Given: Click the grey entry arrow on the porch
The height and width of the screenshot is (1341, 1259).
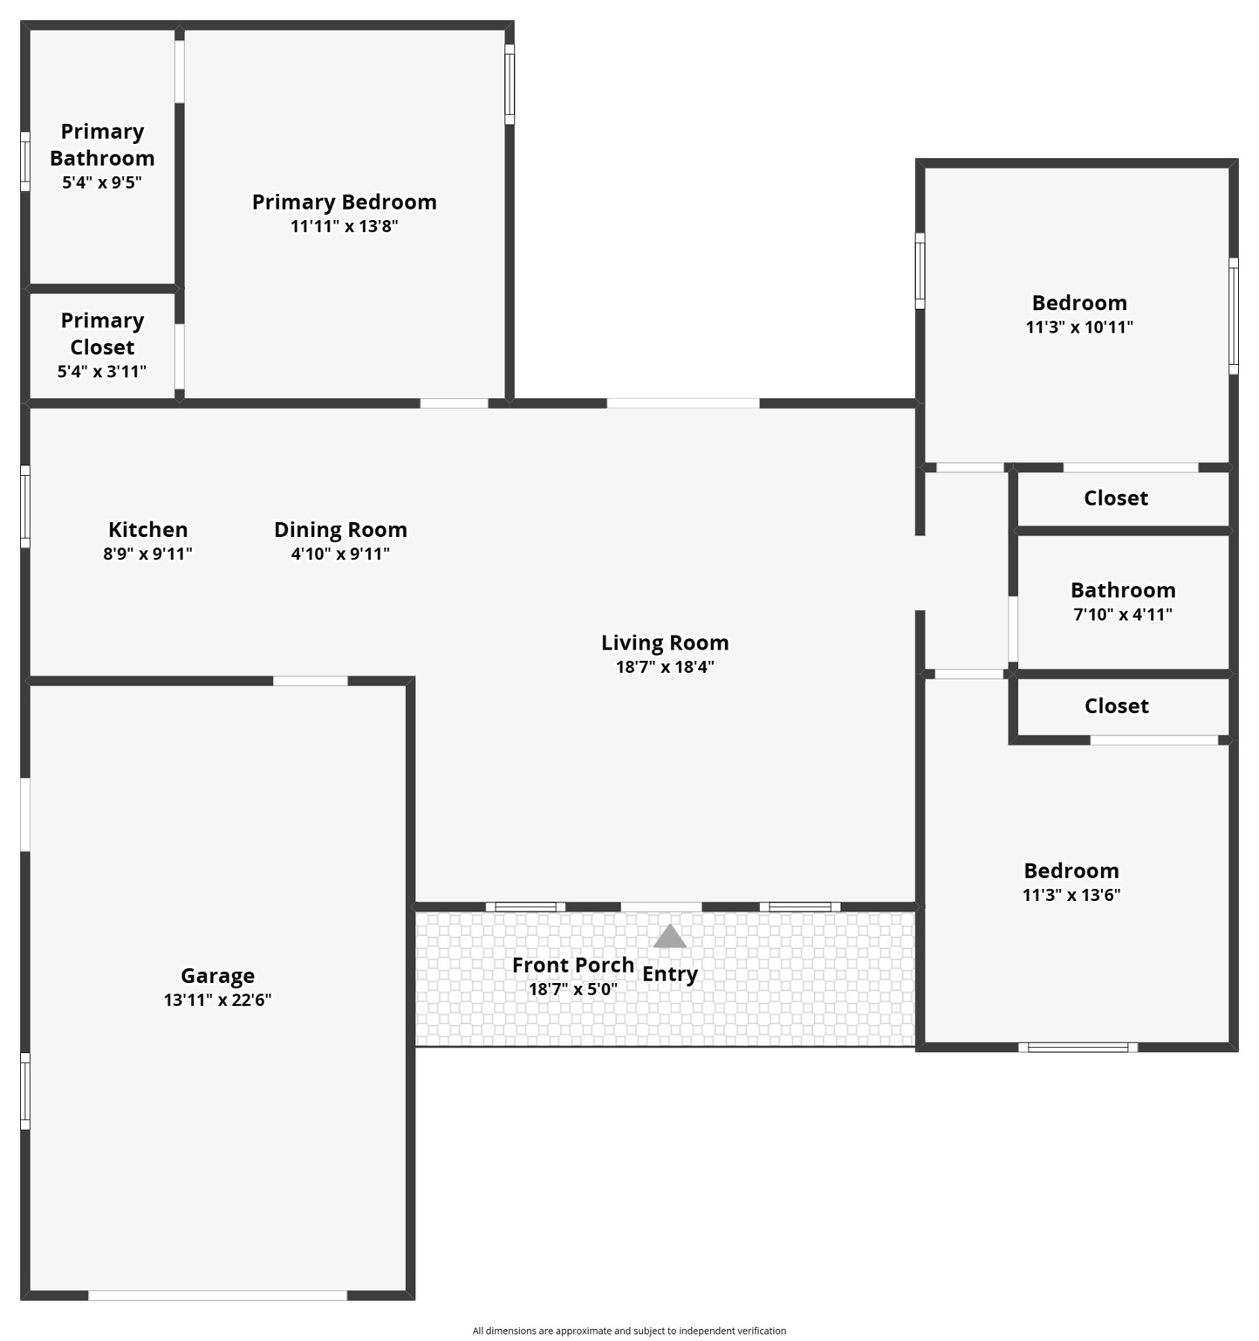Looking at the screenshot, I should (x=669, y=937).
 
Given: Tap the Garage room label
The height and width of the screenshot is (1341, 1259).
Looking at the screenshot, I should (x=217, y=975).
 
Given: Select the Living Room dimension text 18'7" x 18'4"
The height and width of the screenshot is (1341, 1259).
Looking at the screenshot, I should (x=665, y=667).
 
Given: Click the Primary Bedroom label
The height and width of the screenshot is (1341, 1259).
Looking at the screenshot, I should (x=344, y=202).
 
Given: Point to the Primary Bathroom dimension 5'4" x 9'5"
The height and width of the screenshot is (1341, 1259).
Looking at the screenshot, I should (x=101, y=182).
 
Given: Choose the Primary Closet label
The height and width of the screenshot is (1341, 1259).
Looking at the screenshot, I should (x=102, y=334).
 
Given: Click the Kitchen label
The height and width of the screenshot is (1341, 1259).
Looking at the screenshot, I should (x=147, y=529).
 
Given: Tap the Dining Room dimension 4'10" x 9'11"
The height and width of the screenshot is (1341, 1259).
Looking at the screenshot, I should (x=340, y=554).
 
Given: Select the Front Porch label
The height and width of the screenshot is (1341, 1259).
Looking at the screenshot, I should (x=572, y=965).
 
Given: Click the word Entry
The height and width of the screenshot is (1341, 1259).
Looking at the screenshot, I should (x=670, y=974).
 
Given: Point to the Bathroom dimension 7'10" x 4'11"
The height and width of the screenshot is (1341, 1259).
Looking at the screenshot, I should (x=1122, y=615).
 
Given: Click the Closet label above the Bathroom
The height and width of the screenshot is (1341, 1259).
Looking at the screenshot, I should (x=1115, y=498).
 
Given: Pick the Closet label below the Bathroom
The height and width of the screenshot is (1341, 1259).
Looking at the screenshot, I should (x=1116, y=705).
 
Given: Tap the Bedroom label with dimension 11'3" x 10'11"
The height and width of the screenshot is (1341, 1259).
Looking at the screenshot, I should (x=1079, y=303).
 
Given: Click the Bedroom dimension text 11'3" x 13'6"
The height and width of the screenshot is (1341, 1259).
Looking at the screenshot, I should (x=1071, y=895).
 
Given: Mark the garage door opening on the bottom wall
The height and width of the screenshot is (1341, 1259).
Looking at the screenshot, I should (x=217, y=1296).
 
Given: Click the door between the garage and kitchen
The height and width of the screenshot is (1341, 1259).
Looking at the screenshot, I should (x=310, y=681).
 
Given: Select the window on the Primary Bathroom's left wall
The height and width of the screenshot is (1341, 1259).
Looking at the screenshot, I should (x=25, y=162).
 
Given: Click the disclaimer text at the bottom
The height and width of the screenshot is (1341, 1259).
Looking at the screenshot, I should (x=629, y=1331).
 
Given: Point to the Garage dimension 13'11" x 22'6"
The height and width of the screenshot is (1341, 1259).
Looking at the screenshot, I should (x=217, y=1001).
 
